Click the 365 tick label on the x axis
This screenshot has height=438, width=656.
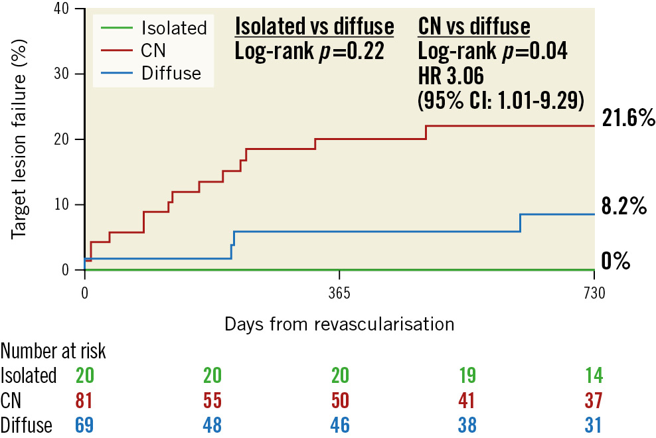tap(339, 296)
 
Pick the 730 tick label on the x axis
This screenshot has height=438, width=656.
tap(593, 296)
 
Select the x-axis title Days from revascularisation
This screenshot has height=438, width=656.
tap(339, 324)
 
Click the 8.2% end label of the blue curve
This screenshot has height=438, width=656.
tap(623, 206)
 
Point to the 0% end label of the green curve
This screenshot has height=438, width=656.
tap(615, 261)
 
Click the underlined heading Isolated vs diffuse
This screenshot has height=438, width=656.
tap(315, 27)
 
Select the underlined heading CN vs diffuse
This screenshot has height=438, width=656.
tap(474, 27)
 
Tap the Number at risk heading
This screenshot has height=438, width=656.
tap(53, 350)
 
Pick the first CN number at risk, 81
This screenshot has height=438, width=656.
tap(84, 400)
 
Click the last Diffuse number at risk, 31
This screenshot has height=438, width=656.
tap(594, 424)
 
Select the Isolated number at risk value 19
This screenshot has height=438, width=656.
tap(467, 375)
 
